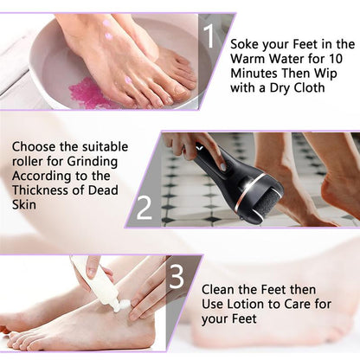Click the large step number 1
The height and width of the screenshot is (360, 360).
(209, 35)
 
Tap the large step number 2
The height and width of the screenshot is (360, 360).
(145, 207)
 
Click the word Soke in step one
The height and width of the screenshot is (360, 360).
(248, 43)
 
